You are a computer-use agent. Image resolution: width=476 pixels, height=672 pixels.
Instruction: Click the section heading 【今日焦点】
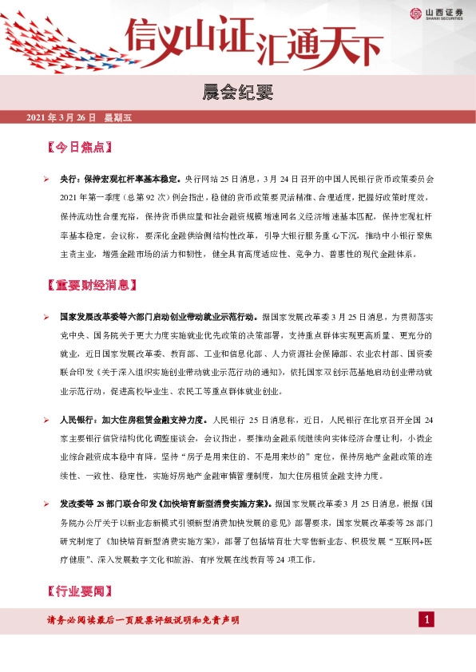pyautogui.click(x=79, y=148)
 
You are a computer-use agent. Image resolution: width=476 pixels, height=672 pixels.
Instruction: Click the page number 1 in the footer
pyautogui.click(x=427, y=620)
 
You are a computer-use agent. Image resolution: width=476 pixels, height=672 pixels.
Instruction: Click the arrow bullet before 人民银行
pyautogui.click(x=47, y=419)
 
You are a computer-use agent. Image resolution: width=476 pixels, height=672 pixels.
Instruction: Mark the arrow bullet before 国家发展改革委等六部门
pyautogui.click(x=47, y=317)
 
